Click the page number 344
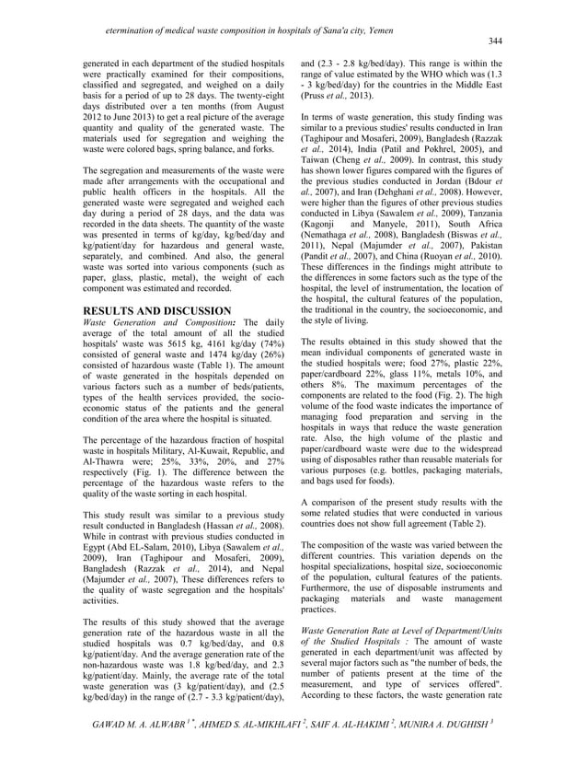tap(495, 41)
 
